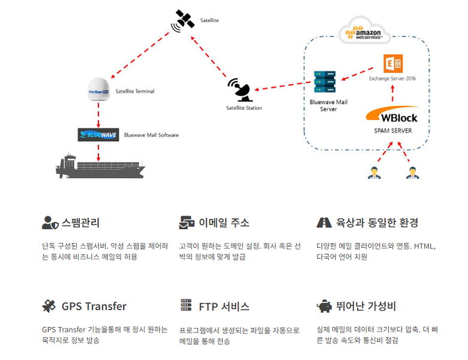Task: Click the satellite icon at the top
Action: pyautogui.click(x=181, y=19)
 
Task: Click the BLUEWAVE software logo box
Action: pyautogui.click(x=98, y=134)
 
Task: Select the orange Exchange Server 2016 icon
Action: pyautogui.click(x=392, y=64)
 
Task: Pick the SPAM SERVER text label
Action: pyautogui.click(x=392, y=130)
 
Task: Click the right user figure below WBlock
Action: pyautogui.click(x=412, y=173)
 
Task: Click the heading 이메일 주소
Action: pyautogui.click(x=224, y=223)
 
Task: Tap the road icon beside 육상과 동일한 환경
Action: pyautogui.click(x=324, y=223)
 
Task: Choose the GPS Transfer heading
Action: pyautogui.click(x=94, y=306)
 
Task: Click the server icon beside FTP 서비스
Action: pyautogui.click(x=186, y=306)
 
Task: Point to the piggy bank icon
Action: pyautogui.click(x=324, y=306)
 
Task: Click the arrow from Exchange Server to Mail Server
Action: pyautogui.click(x=359, y=75)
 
